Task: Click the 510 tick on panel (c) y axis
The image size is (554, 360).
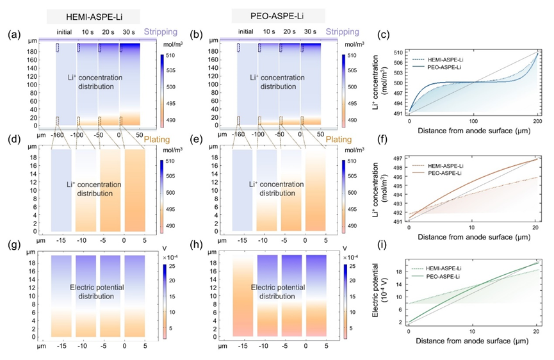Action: click(x=398, y=51)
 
